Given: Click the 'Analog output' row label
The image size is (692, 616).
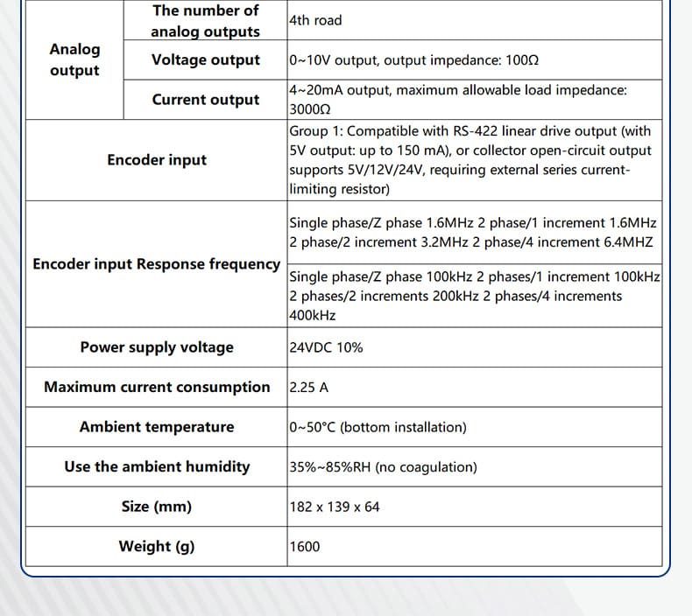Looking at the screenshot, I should point(74,59).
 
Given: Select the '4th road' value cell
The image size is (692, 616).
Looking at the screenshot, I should point(315,20).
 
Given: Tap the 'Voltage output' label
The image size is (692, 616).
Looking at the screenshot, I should point(206,59).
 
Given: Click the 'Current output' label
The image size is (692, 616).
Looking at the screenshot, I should point(206,99).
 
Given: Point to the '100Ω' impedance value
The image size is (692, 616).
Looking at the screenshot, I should point(522,61).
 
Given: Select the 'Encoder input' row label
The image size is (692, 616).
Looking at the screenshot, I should point(157,159).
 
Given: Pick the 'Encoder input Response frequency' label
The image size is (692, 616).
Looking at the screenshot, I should point(157,263).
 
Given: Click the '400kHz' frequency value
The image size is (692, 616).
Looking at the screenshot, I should point(313,315).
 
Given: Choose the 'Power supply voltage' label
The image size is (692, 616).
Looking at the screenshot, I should point(157,346).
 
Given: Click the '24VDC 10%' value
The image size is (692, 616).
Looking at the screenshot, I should point(326,347).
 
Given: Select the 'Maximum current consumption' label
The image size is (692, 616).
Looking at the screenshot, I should point(157,387).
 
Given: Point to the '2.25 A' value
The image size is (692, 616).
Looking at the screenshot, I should point(309,388).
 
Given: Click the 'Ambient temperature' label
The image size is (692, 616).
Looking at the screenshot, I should point(157,426).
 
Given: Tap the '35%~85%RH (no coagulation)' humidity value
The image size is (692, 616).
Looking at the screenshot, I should point(383,467).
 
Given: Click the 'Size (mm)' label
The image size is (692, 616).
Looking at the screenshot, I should point(157,507).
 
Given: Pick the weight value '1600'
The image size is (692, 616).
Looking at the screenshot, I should point(305,547).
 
